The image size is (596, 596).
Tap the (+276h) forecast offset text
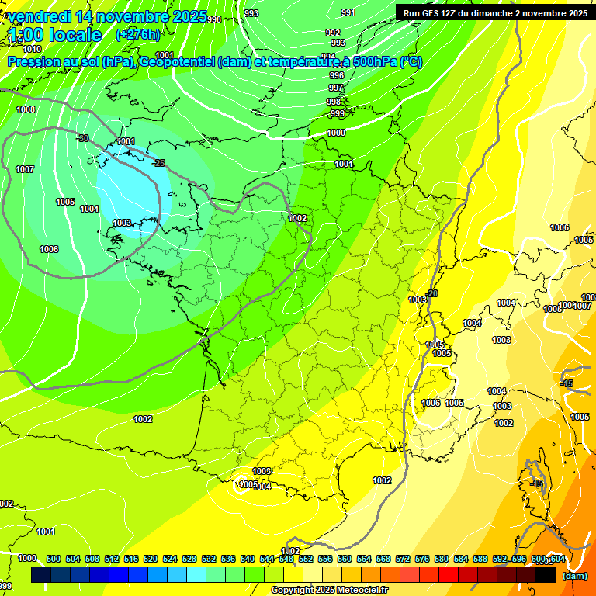coord(137,35)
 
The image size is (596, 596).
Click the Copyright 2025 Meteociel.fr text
coord(329,591)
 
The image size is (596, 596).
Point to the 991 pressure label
coord(348,12)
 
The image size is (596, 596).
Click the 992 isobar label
coord(333,33)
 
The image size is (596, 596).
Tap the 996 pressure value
coord(336,75)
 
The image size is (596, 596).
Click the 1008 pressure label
coord(26,110)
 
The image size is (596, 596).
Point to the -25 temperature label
coord(159,163)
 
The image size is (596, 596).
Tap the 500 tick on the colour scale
coord(54,559)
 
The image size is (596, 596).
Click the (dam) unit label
coord(574,576)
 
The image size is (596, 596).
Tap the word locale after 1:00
coord(74,36)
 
